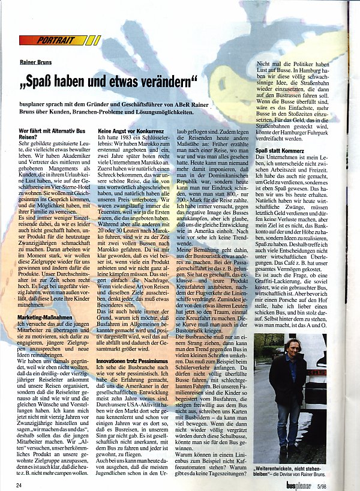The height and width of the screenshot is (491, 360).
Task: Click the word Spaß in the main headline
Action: pos(48,79)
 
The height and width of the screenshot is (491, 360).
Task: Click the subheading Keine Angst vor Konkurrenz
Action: pos(131,130)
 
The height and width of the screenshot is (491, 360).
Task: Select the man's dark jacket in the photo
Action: pos(290,378)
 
